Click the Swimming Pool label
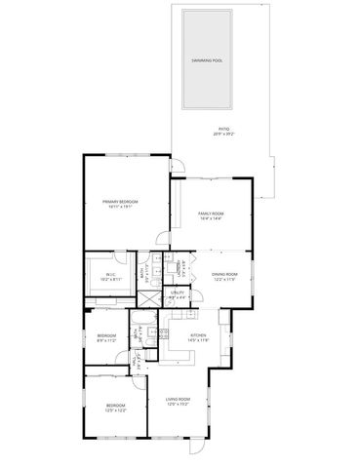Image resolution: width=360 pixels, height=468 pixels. [x=207, y=59]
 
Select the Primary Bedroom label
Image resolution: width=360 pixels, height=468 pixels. [x=122, y=201]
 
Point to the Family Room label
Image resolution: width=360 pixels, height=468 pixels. [x=211, y=213]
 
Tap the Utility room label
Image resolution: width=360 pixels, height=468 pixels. [x=178, y=292]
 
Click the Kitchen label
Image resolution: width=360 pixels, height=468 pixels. [x=198, y=333]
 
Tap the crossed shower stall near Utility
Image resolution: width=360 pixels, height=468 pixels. [x=143, y=301]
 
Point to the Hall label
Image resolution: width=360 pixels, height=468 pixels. [x=134, y=361]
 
